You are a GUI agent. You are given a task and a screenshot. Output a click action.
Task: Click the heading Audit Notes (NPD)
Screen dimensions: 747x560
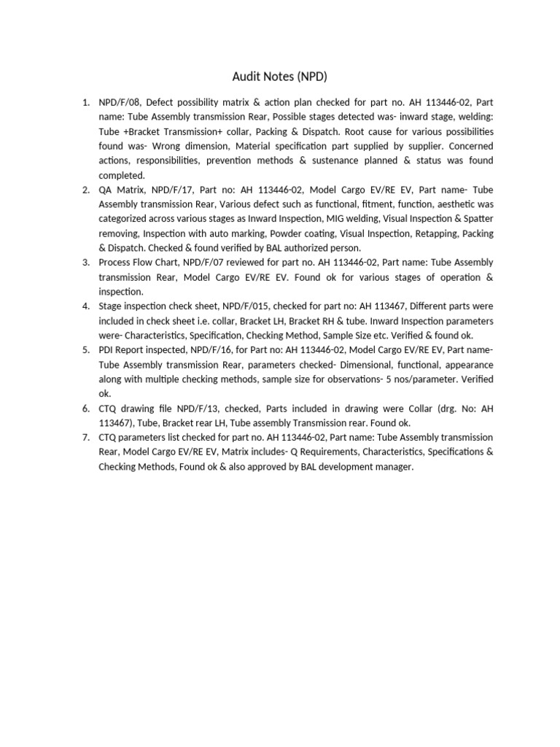279,77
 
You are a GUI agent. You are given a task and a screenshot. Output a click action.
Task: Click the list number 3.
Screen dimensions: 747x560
85,263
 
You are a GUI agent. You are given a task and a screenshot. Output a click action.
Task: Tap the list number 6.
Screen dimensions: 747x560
85,409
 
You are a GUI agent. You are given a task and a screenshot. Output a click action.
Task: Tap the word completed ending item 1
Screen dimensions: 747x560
122,175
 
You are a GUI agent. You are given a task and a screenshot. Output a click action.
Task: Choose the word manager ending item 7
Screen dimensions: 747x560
394,467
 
